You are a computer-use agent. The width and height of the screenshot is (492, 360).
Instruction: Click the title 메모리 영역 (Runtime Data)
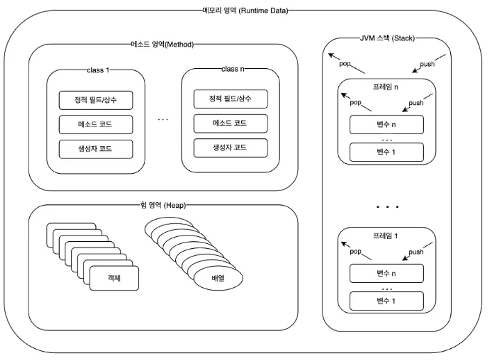[245, 10]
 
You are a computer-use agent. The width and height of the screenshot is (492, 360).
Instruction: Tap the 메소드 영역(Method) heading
[162, 44]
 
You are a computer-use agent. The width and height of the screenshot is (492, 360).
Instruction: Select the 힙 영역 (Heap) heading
[163, 205]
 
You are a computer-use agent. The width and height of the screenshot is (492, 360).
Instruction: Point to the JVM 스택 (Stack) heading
[387, 38]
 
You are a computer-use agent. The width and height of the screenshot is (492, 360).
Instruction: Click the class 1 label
[98, 70]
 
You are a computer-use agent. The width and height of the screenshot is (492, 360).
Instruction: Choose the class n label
[233, 69]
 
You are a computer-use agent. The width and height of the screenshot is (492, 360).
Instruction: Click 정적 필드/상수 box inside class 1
[96, 100]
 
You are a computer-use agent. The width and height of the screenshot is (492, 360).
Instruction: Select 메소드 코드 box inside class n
[230, 123]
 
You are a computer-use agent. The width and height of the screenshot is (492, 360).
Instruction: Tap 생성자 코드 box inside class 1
[96, 149]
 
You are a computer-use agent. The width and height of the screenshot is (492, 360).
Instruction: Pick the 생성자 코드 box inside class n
[230, 148]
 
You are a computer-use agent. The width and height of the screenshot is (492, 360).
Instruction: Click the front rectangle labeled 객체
[114, 279]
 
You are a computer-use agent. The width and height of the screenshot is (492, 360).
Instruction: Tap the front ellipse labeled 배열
[218, 279]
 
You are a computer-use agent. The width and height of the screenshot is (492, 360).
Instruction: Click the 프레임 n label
[386, 87]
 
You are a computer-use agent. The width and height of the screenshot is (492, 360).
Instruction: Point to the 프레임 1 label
[385, 236]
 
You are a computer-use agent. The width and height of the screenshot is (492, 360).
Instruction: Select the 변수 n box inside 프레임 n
[386, 124]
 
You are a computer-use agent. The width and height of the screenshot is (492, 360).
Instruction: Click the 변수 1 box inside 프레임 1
[386, 301]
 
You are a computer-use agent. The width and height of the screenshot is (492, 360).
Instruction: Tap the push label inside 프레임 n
[416, 103]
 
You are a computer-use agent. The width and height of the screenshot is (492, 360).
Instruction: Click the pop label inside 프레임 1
[356, 252]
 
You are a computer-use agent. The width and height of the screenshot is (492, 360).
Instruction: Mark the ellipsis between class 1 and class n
[163, 120]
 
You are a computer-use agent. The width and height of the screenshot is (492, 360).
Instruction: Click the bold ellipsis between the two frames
[388, 207]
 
